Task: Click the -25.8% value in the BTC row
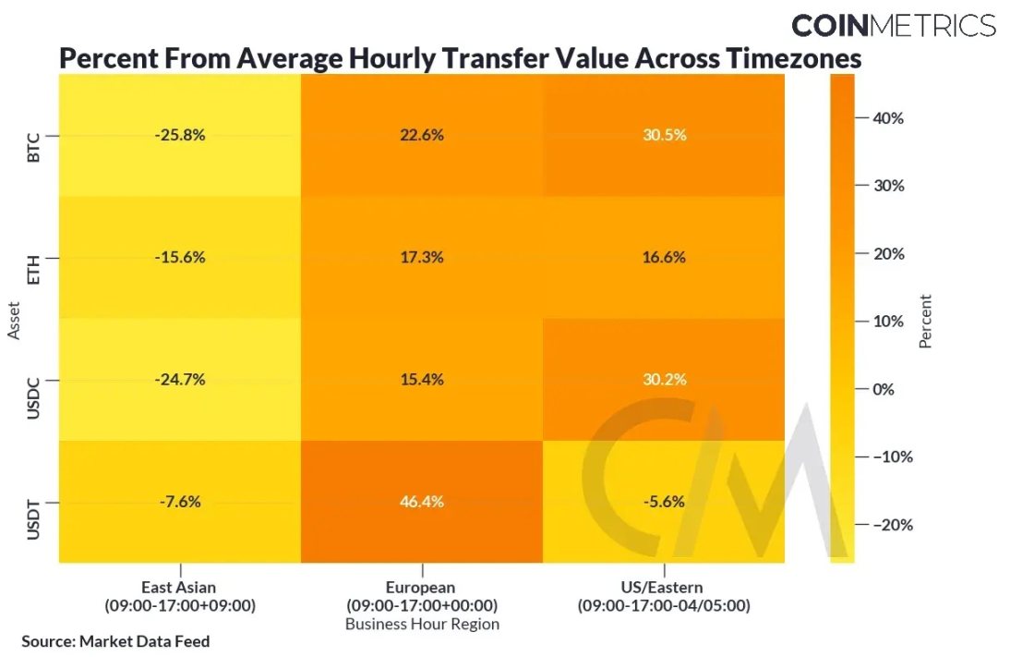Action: pyautogui.click(x=180, y=135)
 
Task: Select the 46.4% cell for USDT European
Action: pyautogui.click(x=422, y=502)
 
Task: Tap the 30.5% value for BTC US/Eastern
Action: pyautogui.click(x=664, y=135)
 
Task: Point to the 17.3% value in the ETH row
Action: pyautogui.click(x=422, y=258)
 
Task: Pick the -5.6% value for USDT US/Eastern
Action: pyautogui.click(x=664, y=502)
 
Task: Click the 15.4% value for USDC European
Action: pyautogui.click(x=422, y=380)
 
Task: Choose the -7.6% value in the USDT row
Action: pyautogui.click(x=180, y=502)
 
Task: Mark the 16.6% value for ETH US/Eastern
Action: pyautogui.click(x=664, y=258)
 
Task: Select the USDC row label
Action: pyautogui.click(x=34, y=380)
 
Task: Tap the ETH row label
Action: pyautogui.click(x=34, y=258)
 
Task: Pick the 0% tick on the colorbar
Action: pyautogui.click(x=884, y=389)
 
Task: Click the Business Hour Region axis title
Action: pyautogui.click(x=422, y=625)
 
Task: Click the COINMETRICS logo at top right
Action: pyautogui.click(x=893, y=25)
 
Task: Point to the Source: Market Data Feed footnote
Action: pyautogui.click(x=115, y=641)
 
